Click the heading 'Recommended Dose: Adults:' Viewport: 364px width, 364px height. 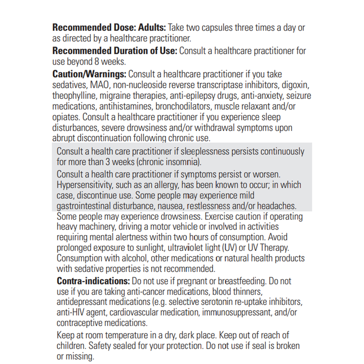109,28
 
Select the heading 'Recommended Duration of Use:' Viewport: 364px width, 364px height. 115,51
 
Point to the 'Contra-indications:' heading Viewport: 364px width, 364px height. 93,281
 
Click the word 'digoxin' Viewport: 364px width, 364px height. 297,85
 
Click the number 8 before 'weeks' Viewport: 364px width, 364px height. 96,62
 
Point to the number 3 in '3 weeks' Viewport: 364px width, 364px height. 108,162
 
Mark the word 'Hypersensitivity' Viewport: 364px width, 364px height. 86,185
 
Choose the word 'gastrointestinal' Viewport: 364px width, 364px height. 83,206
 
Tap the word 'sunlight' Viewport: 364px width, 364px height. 145,248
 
